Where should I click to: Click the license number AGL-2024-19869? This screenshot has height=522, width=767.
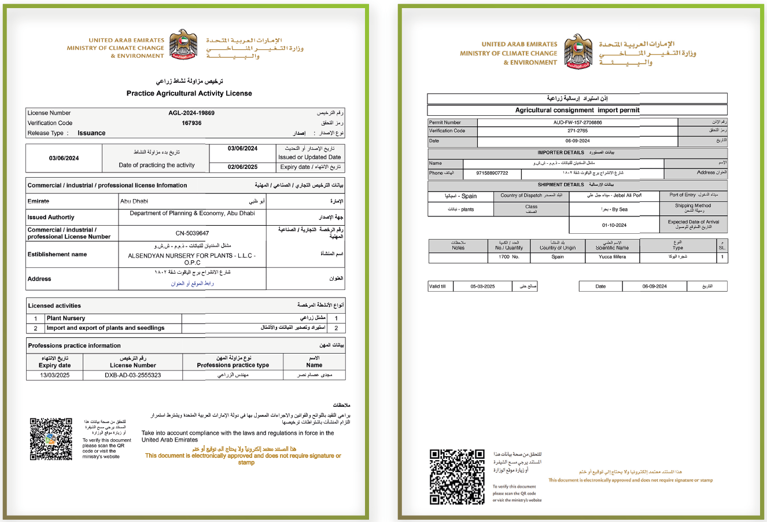(x=191, y=113)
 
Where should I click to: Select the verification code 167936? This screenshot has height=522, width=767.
(x=191, y=123)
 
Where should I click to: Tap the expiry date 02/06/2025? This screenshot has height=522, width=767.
(x=242, y=167)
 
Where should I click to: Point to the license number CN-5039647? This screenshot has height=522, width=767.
(x=192, y=233)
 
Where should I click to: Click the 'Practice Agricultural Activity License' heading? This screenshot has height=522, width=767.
(x=189, y=93)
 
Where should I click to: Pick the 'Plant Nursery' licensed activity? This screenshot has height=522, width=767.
(x=66, y=318)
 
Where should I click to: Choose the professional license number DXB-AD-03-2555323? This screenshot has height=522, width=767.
(x=133, y=375)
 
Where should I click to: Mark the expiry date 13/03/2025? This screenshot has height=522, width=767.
(x=55, y=375)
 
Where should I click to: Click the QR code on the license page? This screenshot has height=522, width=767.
(x=51, y=439)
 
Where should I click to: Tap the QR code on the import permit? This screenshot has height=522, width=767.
(x=457, y=477)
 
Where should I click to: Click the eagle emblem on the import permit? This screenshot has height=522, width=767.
(x=578, y=52)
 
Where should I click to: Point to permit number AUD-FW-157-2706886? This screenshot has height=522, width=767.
(x=577, y=123)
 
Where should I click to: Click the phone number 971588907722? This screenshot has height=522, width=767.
(x=492, y=173)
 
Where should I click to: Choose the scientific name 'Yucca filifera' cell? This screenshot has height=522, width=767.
(x=612, y=257)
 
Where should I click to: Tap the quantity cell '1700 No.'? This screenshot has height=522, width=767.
(x=508, y=257)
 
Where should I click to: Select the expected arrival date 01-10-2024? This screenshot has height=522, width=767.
(x=614, y=225)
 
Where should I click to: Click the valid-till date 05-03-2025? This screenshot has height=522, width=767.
(x=482, y=286)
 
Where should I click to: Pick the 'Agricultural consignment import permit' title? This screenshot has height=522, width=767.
(x=577, y=110)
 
